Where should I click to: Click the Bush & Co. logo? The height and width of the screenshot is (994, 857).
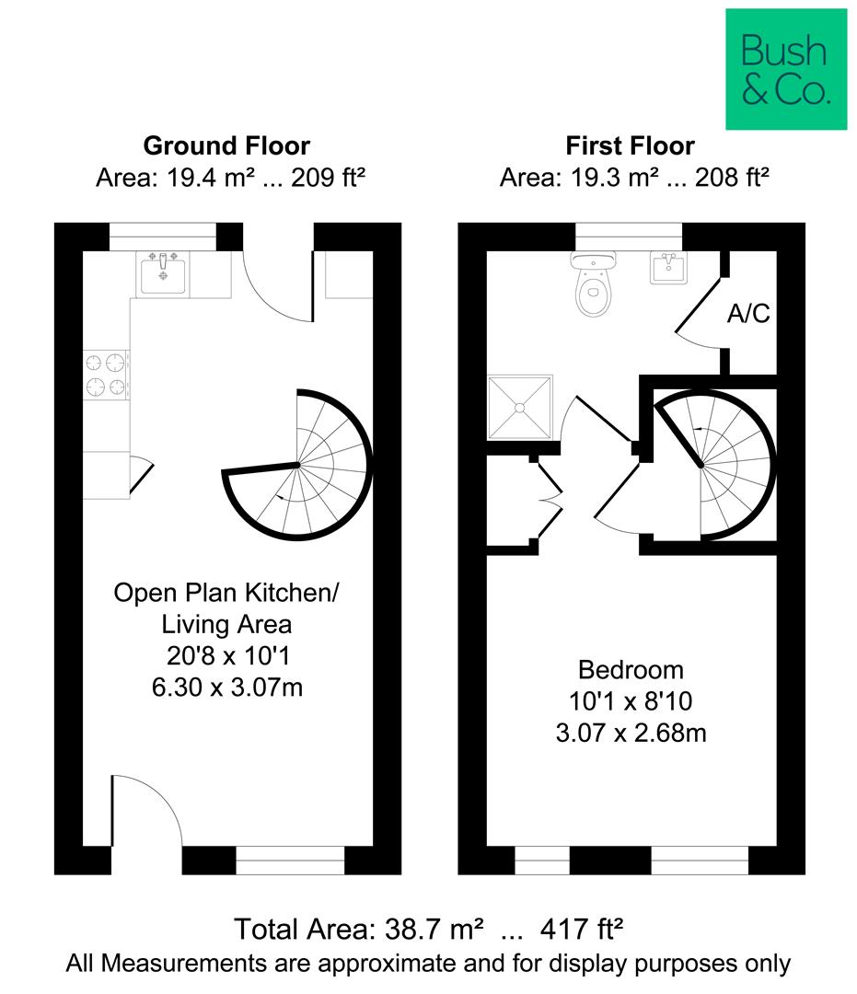click(x=785, y=69)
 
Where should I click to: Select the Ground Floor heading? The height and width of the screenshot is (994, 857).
click(x=226, y=145)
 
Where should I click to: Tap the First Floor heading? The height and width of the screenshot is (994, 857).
click(x=630, y=145)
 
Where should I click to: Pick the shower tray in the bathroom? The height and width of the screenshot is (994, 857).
click(x=520, y=406)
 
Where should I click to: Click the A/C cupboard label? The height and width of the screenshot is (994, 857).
click(x=747, y=315)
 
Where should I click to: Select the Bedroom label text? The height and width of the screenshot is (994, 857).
click(x=631, y=669)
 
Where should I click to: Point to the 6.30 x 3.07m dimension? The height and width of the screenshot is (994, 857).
click(x=226, y=687)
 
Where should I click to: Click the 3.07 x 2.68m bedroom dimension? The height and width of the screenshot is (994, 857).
click(x=631, y=733)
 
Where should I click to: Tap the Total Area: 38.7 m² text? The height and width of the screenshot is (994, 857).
click(x=359, y=929)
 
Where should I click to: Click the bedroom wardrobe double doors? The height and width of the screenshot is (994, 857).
click(x=549, y=501)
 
